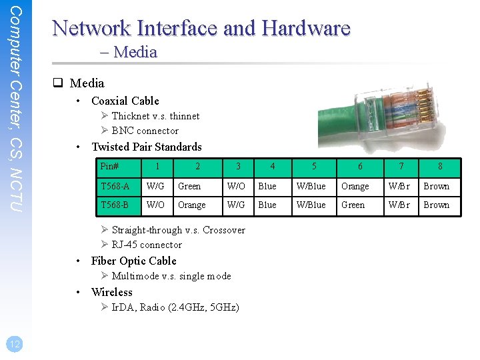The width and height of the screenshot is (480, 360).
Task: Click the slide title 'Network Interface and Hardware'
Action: [x=201, y=28]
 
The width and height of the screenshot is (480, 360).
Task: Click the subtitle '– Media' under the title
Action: [x=135, y=52]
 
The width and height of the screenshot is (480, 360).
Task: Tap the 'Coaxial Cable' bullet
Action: [x=125, y=101]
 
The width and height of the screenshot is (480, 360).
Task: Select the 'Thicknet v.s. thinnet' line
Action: [x=155, y=116]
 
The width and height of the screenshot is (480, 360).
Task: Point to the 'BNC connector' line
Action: [x=145, y=131]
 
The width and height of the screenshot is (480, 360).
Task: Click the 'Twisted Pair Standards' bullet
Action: [x=146, y=147]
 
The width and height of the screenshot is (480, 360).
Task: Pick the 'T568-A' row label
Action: [x=115, y=187]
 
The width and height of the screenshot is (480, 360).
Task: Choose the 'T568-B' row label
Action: [x=115, y=205]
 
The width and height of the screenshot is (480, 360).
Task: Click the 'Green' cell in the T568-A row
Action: [x=189, y=187]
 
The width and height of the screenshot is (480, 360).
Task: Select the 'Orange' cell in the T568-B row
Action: [x=192, y=205]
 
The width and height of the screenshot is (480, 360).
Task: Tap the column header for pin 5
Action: [x=314, y=167]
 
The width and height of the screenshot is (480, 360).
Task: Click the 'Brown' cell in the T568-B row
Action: [x=437, y=205]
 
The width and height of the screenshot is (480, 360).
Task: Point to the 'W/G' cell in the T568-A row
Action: [x=156, y=187]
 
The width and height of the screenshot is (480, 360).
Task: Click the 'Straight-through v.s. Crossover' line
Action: [x=178, y=230]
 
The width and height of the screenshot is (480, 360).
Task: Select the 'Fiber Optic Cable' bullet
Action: [x=133, y=261]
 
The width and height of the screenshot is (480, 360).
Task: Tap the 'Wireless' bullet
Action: [x=111, y=292]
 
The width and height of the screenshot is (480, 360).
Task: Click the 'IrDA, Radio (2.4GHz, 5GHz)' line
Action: [x=175, y=307]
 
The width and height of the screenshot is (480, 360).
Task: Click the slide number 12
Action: [x=14, y=344]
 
